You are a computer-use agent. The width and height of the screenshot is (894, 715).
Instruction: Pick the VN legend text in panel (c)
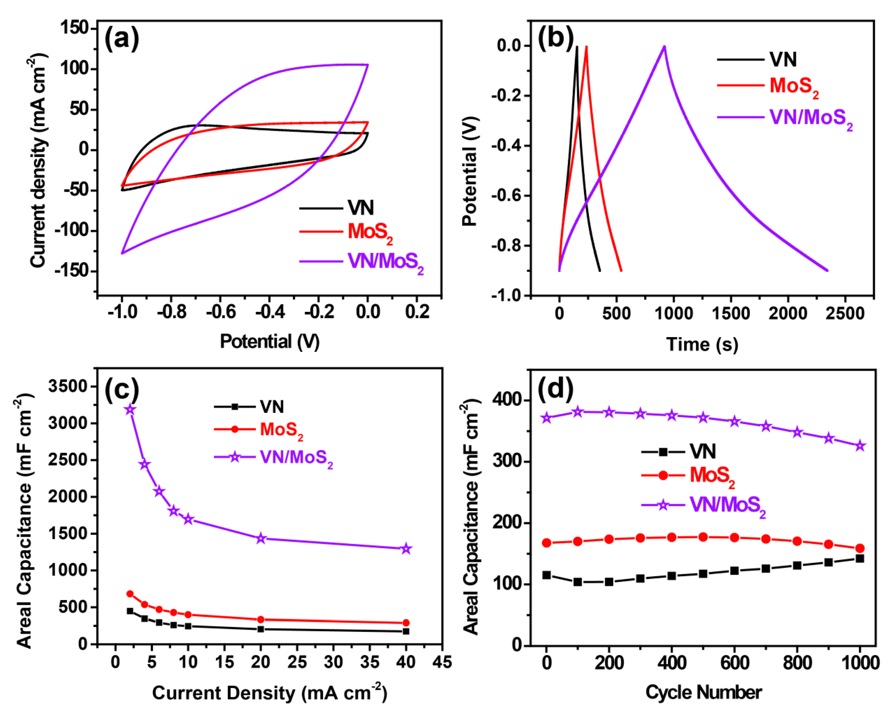(x=272, y=407)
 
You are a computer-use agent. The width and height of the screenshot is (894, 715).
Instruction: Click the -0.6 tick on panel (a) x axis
(x=221, y=312)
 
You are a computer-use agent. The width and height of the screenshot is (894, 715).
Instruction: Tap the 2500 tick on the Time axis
(x=845, y=313)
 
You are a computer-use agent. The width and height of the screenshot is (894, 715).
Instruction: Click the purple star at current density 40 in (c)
(x=406, y=549)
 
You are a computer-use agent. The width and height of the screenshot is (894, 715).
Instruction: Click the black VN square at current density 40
(x=406, y=631)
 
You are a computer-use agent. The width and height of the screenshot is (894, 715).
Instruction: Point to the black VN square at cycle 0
(x=546, y=575)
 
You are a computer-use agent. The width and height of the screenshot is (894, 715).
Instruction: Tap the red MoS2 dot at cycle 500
(x=703, y=537)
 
